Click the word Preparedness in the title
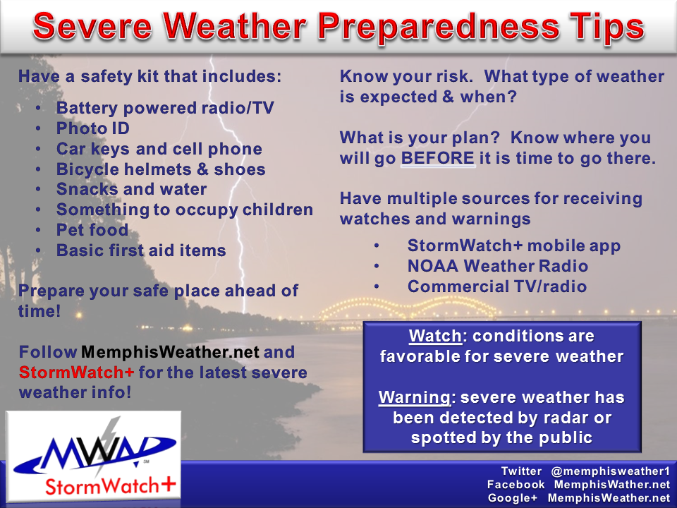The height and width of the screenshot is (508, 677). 434,28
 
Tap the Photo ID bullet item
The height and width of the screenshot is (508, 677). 93,128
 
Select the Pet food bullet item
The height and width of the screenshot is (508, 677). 92,230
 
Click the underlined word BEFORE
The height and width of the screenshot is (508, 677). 438,158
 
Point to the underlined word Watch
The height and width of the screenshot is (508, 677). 435,336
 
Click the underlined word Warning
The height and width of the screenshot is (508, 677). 415,397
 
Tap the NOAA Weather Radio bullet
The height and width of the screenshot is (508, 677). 498,266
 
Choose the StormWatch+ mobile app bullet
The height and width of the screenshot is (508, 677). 514,246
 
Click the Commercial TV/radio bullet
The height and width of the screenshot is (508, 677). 497,286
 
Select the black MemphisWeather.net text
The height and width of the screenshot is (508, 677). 170,352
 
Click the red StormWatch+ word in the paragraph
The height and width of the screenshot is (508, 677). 76,373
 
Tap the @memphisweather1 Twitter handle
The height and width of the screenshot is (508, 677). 611,471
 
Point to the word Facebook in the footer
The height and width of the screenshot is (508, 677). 516,485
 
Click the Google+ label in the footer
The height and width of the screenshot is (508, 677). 513,498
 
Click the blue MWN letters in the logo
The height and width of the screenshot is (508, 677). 97,452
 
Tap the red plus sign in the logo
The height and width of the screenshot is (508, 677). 168,484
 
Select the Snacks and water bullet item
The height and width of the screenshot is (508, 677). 131,189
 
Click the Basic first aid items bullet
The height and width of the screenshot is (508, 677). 141,250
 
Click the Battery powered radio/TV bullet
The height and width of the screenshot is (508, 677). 165,108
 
